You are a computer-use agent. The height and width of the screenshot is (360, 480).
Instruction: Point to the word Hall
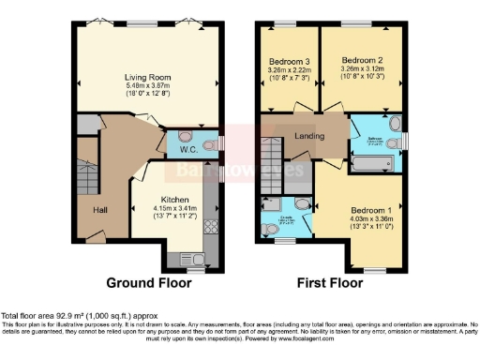coord(99,209)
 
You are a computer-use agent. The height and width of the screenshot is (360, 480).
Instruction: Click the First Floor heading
coord(328,281)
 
